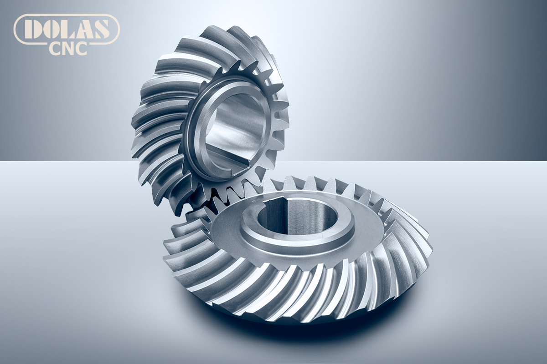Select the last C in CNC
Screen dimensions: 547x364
(81, 49)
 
